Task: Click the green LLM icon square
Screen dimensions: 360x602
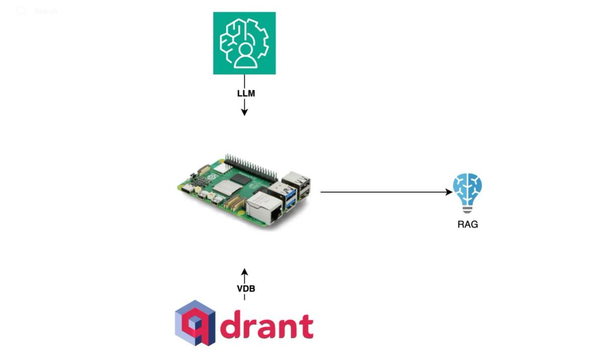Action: click(x=244, y=43)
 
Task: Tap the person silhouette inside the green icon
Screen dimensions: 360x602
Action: click(x=245, y=56)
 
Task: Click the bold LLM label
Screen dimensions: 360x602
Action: click(x=244, y=93)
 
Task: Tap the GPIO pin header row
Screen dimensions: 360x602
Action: click(x=251, y=164)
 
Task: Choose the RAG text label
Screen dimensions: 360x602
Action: click(x=468, y=224)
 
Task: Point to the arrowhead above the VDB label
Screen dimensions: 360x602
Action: click(x=244, y=272)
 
